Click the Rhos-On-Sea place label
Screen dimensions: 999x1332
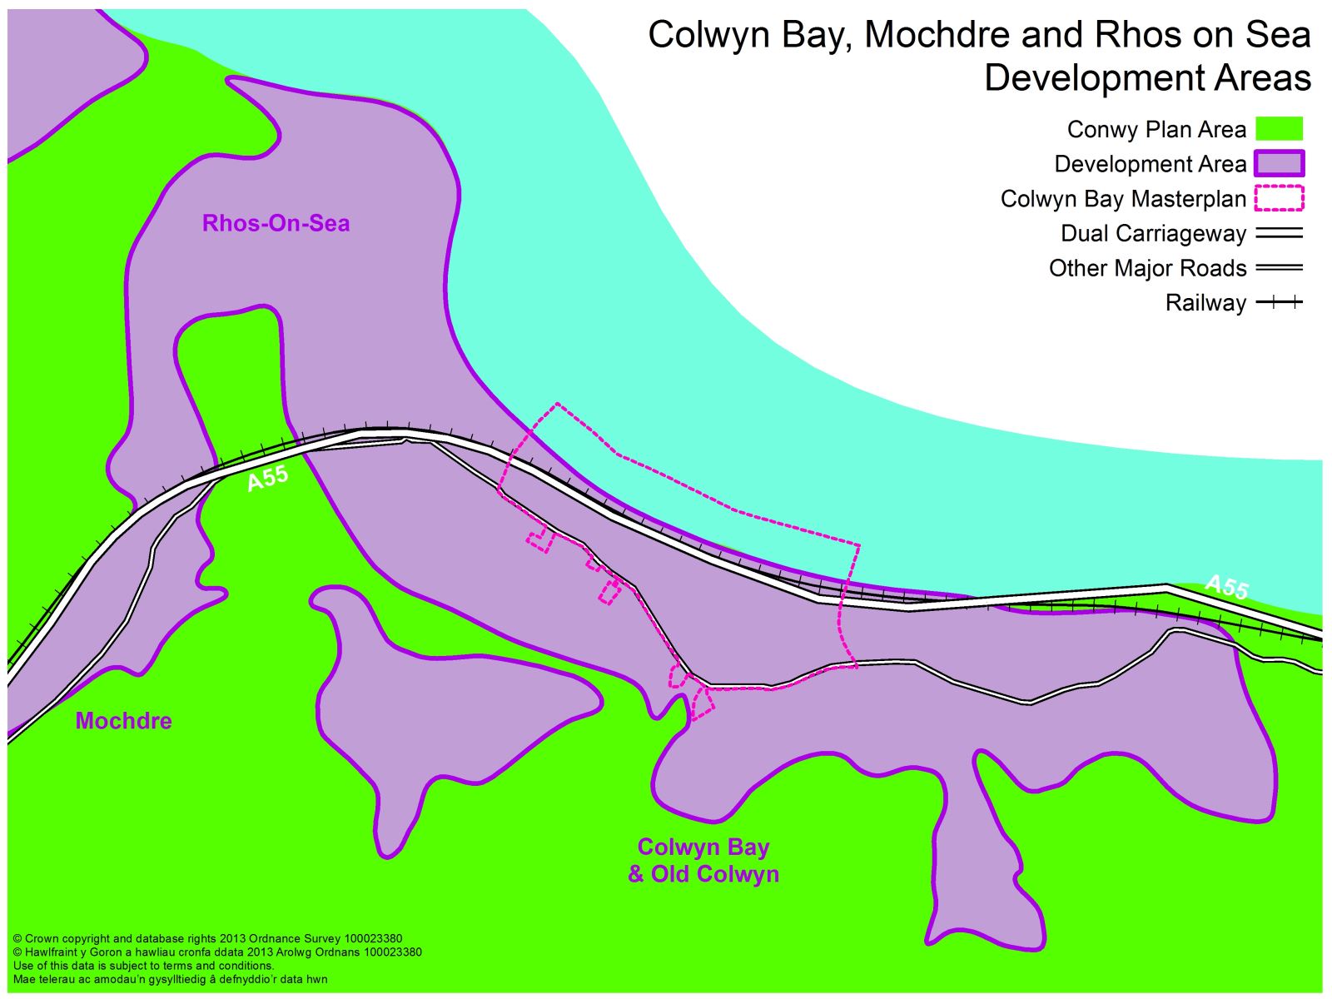(x=276, y=223)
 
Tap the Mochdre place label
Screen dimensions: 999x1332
(x=123, y=720)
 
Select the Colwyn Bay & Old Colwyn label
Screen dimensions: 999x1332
(x=703, y=860)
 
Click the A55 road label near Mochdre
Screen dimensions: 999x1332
(x=268, y=478)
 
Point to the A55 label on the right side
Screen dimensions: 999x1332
(x=1227, y=586)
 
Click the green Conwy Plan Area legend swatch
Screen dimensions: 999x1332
(x=1279, y=129)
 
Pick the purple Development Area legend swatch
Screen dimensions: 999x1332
(x=1279, y=164)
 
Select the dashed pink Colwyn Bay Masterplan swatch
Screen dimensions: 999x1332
(x=1279, y=198)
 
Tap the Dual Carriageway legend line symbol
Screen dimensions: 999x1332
(x=1279, y=234)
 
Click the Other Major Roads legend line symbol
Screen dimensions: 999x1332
(x=1279, y=268)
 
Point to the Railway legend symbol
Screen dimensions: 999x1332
(x=1279, y=302)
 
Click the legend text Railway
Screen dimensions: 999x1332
(x=1205, y=303)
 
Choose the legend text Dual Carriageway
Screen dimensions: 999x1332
(x=1153, y=234)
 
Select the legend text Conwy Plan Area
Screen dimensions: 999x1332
(x=1156, y=130)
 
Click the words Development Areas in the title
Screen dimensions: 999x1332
(x=1147, y=77)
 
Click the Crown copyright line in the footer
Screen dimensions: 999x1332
(x=208, y=938)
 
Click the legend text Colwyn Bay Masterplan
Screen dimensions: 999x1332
(x=1123, y=199)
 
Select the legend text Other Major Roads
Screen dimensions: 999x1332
(x=1147, y=268)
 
